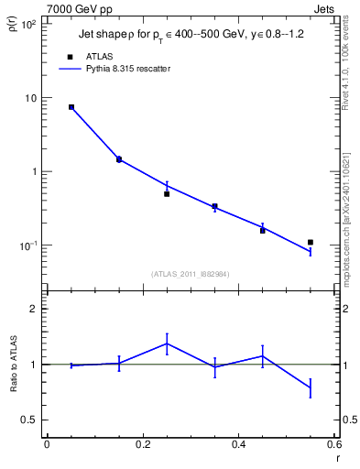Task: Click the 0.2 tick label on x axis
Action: [x=142, y=445]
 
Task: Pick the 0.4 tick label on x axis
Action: [x=237, y=445]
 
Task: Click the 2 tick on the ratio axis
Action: [x=35, y=309]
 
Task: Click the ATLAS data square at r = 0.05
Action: [x=71, y=107]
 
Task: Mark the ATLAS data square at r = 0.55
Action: [x=311, y=242]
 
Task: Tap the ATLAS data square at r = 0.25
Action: [x=167, y=193]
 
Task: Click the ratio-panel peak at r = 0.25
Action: [x=167, y=344]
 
